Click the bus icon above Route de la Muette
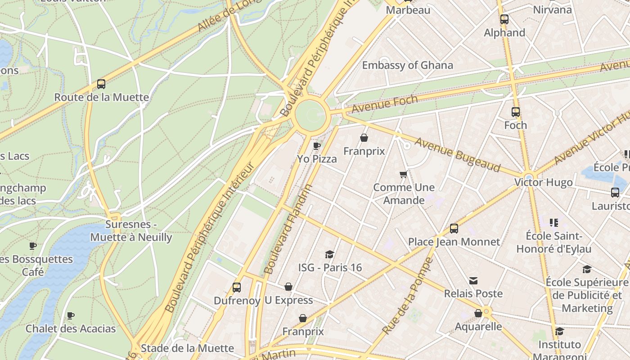101,84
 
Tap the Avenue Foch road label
385,103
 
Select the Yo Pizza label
317,159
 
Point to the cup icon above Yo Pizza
317,145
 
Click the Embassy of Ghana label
407,65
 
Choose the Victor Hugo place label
544,182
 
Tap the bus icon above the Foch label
516,112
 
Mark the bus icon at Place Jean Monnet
454,229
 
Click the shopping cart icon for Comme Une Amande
404,174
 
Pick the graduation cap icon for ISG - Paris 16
330,254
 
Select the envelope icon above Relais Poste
473,281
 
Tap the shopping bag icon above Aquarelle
478,313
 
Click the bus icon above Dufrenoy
237,288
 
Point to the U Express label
288,300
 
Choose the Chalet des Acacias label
71,328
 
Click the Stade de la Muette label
187,348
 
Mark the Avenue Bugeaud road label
457,155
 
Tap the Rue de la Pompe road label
408,296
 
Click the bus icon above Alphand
504,19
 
